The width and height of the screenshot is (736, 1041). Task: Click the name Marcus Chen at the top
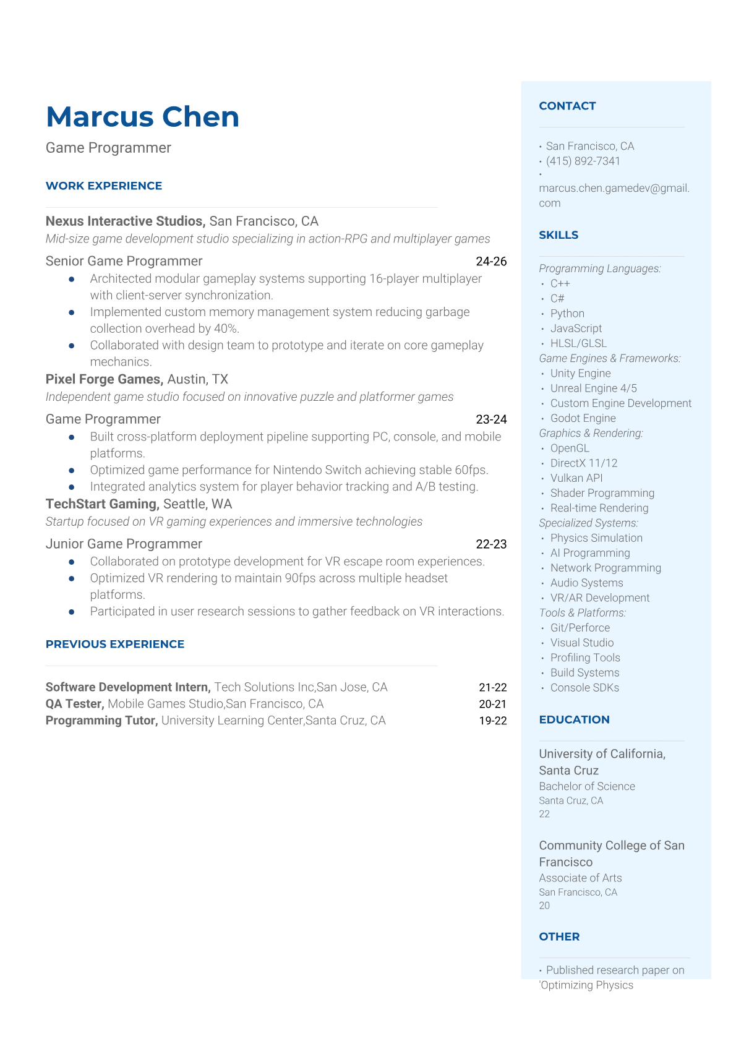tap(142, 117)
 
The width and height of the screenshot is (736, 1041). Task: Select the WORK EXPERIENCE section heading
tap(104, 186)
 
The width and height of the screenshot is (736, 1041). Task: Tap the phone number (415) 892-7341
tap(583, 161)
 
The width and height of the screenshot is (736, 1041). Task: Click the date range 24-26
tap(491, 261)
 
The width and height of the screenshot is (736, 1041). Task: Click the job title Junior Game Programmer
tap(124, 544)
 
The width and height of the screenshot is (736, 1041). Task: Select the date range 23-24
tap(491, 419)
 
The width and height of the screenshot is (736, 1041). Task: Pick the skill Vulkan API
tap(576, 478)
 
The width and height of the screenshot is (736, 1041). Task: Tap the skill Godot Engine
tap(583, 418)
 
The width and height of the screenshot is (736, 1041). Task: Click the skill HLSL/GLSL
tap(578, 343)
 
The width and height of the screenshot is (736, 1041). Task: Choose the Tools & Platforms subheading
tap(582, 612)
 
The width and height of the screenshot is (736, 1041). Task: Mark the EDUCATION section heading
tap(574, 719)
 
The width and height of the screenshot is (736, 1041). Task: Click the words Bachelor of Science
tap(587, 786)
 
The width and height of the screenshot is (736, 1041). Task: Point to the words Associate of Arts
tap(580, 878)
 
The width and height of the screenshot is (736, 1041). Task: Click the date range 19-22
tap(492, 721)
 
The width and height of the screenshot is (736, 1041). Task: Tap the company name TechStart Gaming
tap(101, 504)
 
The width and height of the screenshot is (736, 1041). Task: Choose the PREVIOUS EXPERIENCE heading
tap(115, 644)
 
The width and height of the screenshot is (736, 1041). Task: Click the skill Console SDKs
tap(584, 687)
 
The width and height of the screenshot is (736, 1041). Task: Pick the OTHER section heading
tap(559, 936)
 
